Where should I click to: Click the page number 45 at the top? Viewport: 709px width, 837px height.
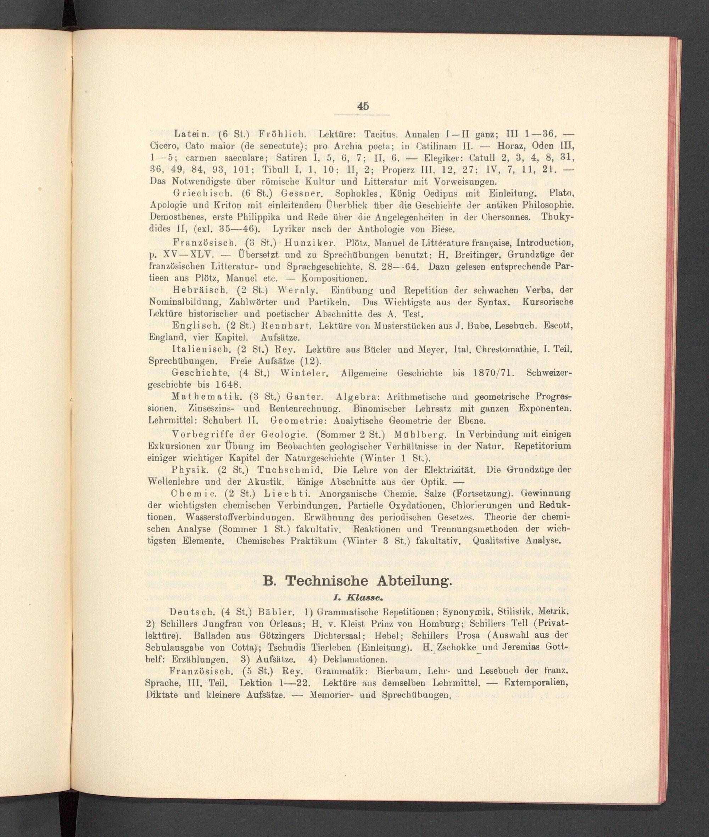coord(363,106)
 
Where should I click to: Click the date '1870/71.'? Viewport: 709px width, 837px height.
coord(492,373)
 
